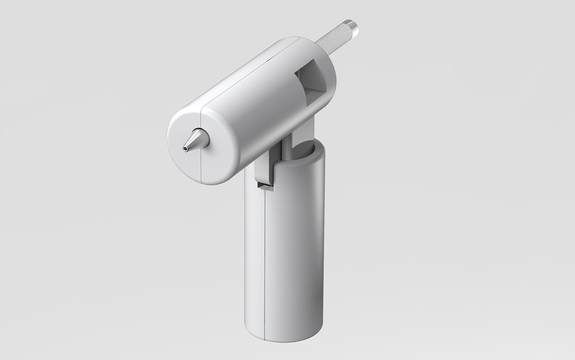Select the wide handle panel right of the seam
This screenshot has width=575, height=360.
(x=292, y=249)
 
